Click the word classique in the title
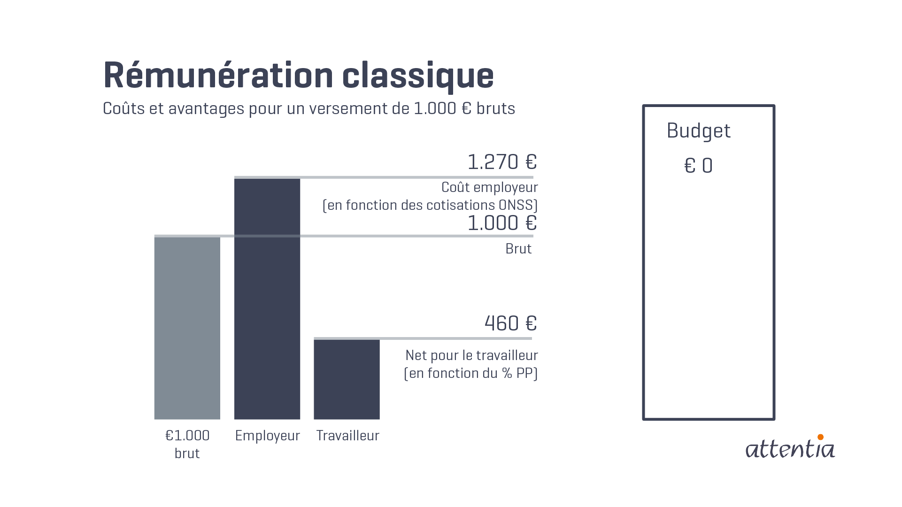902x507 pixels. pos(418,76)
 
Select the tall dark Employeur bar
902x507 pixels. pos(267,300)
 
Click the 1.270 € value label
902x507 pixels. pos(501,162)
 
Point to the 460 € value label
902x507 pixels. pos(510,323)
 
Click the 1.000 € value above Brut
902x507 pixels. pos(501,223)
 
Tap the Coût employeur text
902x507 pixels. pos(489,187)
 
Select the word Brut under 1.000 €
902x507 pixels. pos(518,249)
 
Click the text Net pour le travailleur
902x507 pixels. pos(471,355)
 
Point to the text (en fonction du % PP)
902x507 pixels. pos(470,373)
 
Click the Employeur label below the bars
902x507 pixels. pos(267,436)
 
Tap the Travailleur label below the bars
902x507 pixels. pos(347,436)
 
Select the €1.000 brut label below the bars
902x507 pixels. pos(187,444)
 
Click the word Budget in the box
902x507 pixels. pos(698,131)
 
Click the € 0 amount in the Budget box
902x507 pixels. pos(698,166)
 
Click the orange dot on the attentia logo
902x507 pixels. pos(820,437)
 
